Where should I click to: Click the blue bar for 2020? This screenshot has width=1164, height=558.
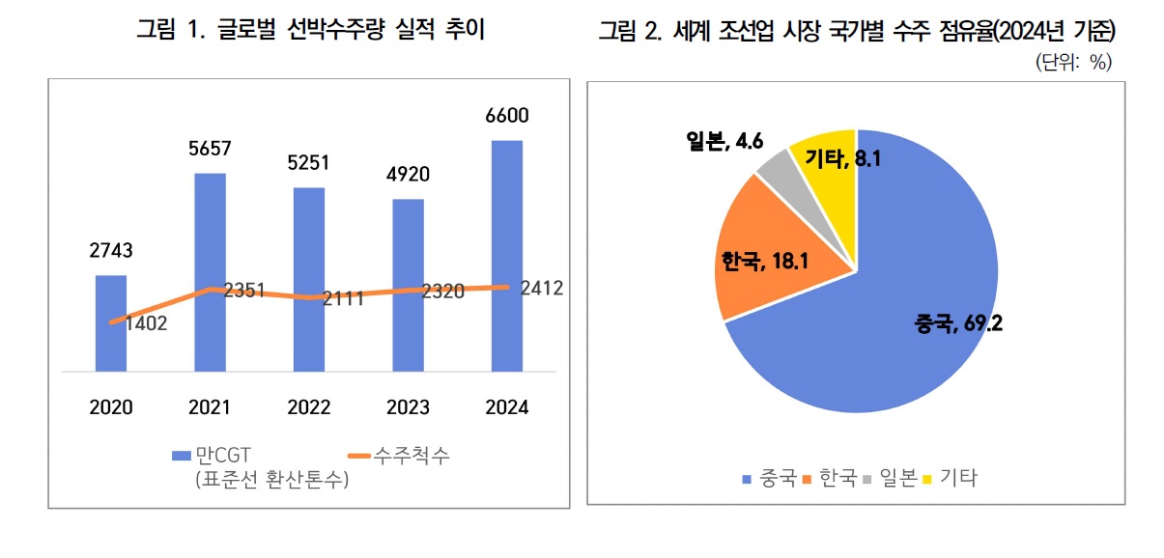[x=111, y=323]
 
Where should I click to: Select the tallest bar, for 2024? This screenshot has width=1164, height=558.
[x=507, y=256]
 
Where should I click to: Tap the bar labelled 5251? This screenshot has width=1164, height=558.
[x=309, y=279]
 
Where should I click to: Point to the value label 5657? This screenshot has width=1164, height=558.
[x=211, y=149]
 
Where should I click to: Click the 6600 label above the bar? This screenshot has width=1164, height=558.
[x=507, y=116]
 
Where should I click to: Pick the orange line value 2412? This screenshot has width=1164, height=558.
[x=541, y=288]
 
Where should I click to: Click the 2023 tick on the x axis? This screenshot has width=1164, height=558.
[x=408, y=407]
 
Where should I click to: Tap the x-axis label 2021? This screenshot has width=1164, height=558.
[x=211, y=407]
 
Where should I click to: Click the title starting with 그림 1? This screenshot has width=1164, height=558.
[x=310, y=30]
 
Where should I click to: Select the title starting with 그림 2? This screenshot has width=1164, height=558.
[x=857, y=32]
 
